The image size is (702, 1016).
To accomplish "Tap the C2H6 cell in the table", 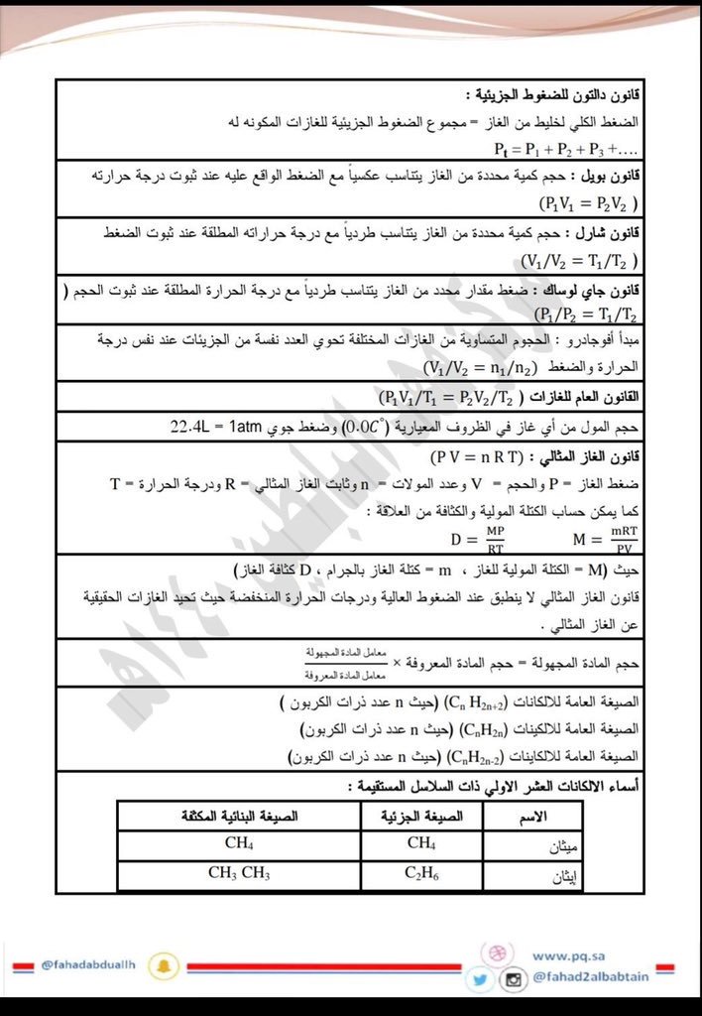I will tap(420, 875).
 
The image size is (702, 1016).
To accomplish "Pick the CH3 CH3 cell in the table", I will tap(239, 875).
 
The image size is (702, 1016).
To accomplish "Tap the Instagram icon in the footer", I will tap(513, 980).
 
